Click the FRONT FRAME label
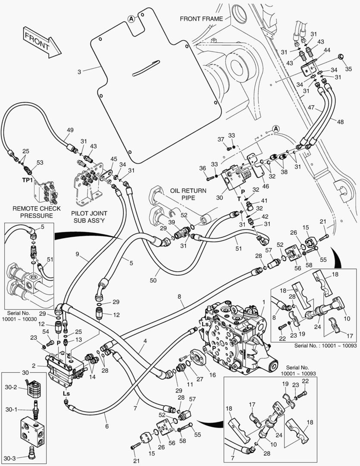tap(201, 19)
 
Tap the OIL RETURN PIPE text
tap(188, 194)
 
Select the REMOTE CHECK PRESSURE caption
tap(36, 212)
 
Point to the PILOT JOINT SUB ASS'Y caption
tap(89, 217)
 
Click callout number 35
tap(348, 69)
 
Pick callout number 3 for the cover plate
tap(79, 72)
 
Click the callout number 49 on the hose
tap(70, 130)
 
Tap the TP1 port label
tap(27, 180)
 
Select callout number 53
tap(40, 163)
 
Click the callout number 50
tap(153, 280)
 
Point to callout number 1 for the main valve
tap(263, 302)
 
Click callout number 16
tap(213, 375)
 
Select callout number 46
tap(266, 186)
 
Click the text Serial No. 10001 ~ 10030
tap(19, 316)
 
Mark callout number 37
tap(221, 139)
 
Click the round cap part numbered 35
tap(341, 57)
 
